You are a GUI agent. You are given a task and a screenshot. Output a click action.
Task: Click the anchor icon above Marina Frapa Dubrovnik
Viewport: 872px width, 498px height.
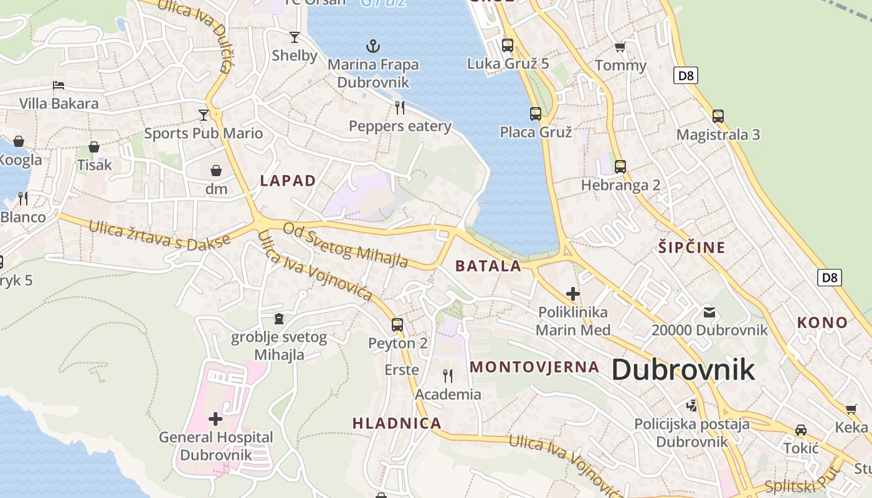[372, 45]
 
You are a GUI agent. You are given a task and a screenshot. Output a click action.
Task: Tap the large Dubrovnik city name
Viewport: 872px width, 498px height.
[683, 370]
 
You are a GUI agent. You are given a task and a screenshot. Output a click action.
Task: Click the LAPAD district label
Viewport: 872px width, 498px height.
[288, 181]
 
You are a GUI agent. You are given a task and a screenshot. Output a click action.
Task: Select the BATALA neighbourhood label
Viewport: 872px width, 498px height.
[488, 266]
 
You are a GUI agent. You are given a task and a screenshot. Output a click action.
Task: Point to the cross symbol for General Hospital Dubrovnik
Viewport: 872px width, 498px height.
[216, 418]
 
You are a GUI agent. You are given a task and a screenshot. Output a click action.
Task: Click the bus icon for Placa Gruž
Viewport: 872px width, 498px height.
[536, 113]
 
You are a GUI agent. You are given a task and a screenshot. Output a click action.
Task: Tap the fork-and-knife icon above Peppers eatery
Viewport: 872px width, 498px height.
[400, 108]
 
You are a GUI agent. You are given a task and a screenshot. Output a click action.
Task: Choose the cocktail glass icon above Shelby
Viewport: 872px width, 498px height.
[295, 37]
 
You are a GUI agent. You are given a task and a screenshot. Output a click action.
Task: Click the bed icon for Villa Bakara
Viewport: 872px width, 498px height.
[59, 85]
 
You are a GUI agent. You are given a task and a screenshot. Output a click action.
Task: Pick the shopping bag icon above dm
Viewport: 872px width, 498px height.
[216, 171]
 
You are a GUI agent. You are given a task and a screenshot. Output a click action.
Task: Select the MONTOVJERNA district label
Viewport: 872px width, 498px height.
[534, 367]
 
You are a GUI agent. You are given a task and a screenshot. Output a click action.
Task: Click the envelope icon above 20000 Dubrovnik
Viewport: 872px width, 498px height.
[709, 312]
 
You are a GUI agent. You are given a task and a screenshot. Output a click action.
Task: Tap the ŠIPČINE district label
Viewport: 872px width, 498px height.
[692, 247]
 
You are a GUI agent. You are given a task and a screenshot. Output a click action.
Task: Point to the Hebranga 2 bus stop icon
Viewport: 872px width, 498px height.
[620, 167]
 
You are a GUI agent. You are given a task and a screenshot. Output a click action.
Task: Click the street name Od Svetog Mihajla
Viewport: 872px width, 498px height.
[346, 245]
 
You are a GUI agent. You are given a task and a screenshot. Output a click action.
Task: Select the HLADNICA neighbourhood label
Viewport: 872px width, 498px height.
[397, 423]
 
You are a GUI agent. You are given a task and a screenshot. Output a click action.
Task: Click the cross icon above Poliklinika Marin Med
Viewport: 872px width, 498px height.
[573, 293]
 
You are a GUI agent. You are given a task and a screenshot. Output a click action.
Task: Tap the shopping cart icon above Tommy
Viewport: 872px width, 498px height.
[620, 47]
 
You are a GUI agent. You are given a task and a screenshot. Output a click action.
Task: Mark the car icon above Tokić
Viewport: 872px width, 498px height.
[801, 430]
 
